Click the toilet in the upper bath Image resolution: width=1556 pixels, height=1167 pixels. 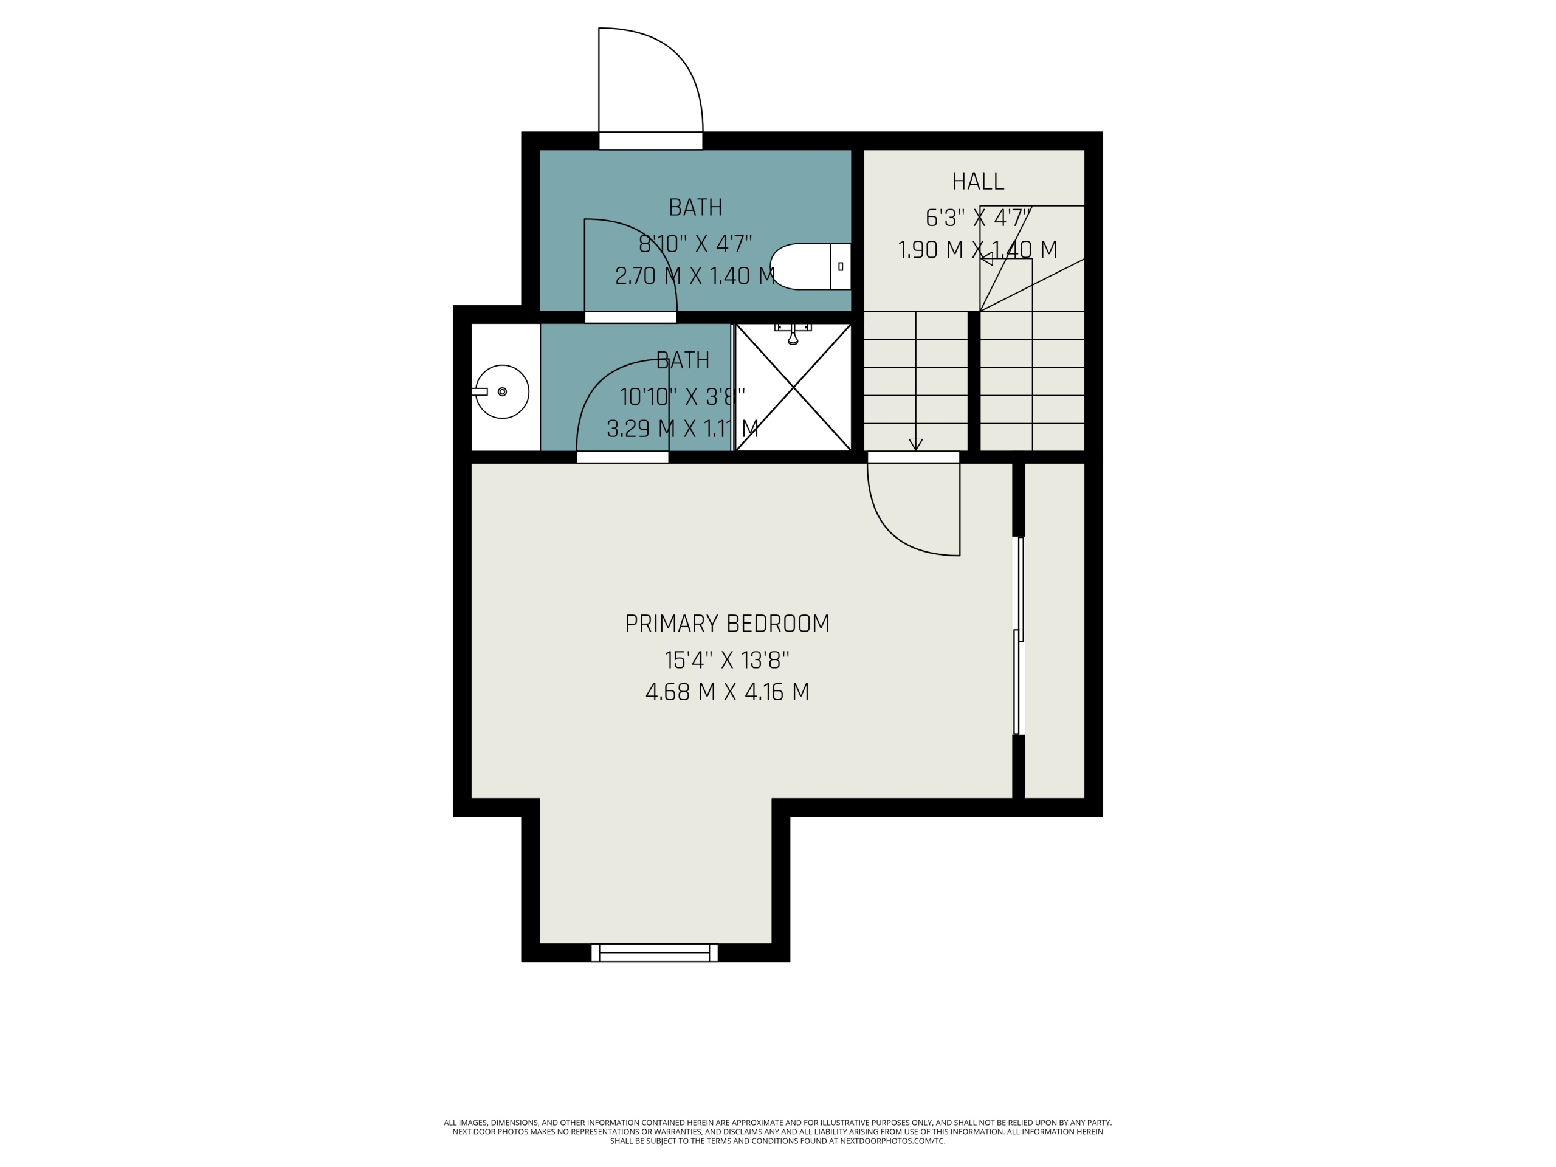(810, 267)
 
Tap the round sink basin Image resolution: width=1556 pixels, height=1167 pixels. (502, 392)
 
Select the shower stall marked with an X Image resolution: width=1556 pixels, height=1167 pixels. (793, 387)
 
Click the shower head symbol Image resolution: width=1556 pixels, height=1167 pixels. (793, 334)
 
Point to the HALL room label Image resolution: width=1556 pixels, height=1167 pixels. (978, 182)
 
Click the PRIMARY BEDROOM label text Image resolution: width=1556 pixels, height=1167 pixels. (728, 624)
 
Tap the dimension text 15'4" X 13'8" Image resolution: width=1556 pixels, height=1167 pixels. (728, 660)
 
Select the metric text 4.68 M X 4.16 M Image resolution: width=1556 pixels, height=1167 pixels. (728, 692)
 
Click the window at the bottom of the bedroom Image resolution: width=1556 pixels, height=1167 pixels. (654, 952)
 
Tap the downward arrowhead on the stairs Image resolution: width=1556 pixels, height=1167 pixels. (915, 444)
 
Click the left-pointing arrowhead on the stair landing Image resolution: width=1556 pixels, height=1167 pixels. (986, 259)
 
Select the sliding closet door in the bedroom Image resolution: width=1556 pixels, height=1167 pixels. (1018, 635)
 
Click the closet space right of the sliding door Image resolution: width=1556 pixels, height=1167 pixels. (1055, 630)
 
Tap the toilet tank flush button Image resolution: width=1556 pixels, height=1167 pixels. (841, 267)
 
